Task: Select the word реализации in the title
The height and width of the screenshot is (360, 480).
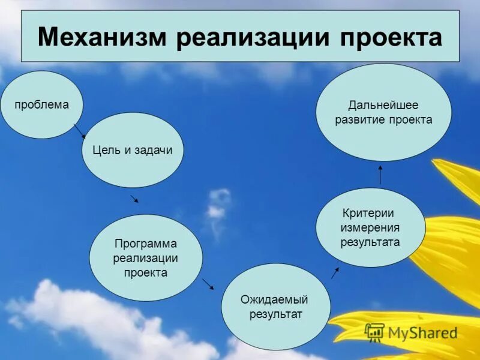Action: coord(254,37)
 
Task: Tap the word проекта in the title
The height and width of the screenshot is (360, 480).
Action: coord(391,37)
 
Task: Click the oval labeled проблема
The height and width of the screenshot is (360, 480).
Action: coord(42,105)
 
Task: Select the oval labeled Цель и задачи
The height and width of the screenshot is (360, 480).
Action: coord(132,150)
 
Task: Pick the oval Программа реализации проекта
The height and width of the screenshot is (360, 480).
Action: coord(146,257)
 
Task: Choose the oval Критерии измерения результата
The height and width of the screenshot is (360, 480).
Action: coord(370,227)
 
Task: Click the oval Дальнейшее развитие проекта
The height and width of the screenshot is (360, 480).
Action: coord(383,112)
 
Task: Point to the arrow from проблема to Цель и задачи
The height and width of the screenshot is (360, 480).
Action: coord(79,131)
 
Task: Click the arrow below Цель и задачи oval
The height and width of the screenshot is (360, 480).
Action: coord(134,198)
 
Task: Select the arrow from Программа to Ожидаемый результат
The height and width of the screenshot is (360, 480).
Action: coord(208,283)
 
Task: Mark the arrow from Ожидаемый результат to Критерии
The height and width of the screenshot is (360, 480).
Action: coord(335,273)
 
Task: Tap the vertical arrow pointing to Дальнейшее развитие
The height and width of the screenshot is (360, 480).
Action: coord(380,175)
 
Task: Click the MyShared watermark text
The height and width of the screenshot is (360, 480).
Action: coord(422,332)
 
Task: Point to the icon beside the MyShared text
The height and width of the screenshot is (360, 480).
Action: coord(374,332)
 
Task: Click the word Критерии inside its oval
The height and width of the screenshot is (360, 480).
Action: coord(368,213)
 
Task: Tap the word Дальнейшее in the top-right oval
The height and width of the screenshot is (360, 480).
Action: coord(383,105)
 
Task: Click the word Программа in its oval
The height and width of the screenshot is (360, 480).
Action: coord(146,244)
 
